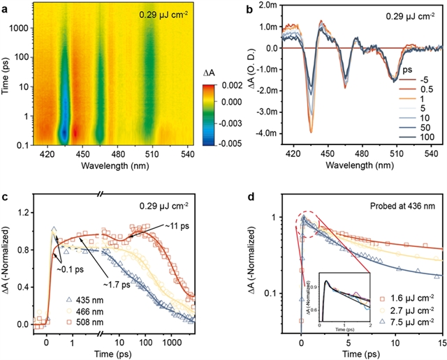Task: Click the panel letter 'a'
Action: tap(5, 6)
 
